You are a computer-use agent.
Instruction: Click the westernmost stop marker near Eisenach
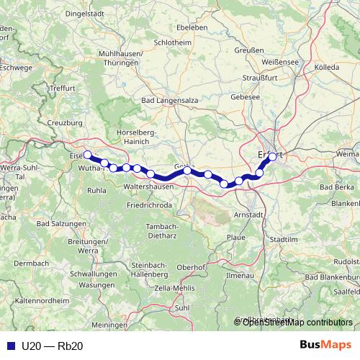[x=88, y=155]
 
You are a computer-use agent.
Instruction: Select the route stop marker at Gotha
[x=187, y=170]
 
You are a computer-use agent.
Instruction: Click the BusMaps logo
[x=327, y=345]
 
